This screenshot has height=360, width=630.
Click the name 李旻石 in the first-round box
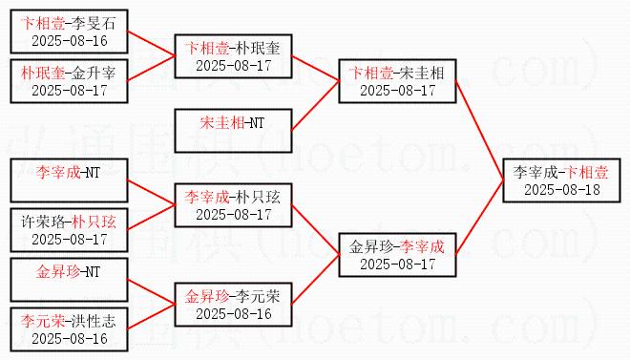94,24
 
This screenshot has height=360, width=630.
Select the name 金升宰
94,74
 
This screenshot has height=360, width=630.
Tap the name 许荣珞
43,222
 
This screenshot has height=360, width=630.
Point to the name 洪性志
94,321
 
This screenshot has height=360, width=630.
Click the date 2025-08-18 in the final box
561,190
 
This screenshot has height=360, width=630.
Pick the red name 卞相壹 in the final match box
586,173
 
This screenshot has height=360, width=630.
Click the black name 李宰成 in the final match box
535,173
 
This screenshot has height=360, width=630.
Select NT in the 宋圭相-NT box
257,123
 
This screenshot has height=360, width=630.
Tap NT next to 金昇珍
92,272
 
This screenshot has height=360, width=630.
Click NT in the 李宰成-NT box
92,173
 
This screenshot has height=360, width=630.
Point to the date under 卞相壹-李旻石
70,40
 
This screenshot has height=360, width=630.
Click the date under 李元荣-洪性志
70,338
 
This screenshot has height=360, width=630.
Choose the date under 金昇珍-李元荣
234,314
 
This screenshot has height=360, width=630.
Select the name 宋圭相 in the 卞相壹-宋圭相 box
422,74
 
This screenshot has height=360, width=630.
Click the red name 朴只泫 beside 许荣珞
94,222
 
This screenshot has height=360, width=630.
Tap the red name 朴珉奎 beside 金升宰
43,74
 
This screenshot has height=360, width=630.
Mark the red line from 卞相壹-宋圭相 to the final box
480,131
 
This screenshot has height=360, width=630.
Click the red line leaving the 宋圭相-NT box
315,106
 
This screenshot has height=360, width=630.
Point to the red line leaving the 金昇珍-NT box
151,291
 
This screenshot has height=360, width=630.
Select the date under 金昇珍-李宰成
398,264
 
